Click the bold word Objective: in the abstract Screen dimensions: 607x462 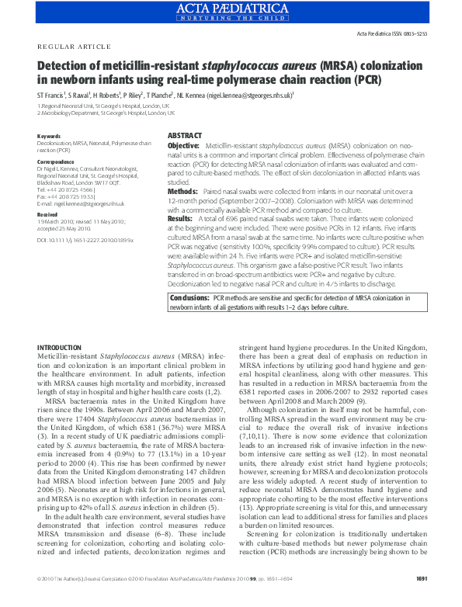(x=184, y=146)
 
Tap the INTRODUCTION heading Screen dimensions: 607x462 (x=64, y=345)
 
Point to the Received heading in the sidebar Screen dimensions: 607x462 (x=47, y=213)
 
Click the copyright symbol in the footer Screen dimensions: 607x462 (x=40, y=600)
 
